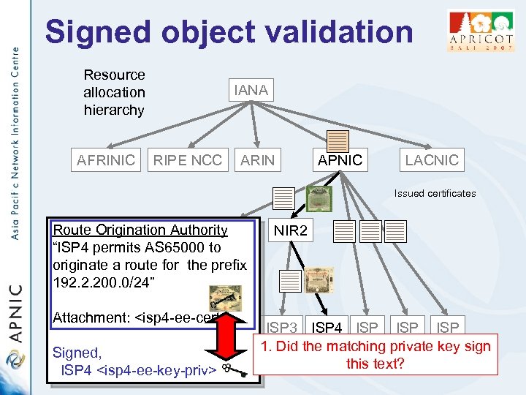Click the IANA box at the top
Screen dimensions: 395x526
click(251, 91)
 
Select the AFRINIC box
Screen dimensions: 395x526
click(107, 159)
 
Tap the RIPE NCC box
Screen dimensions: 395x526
click(187, 159)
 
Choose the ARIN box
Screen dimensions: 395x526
click(257, 159)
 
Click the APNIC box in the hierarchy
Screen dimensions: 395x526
click(340, 159)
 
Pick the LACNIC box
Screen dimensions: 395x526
click(432, 159)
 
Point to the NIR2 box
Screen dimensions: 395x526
click(291, 232)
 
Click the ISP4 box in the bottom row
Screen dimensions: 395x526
click(328, 328)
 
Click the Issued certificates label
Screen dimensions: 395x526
click(435, 194)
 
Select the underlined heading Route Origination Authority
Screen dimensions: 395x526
click(140, 230)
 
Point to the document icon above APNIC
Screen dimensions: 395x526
click(338, 140)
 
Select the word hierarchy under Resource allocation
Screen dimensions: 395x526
click(114, 110)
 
